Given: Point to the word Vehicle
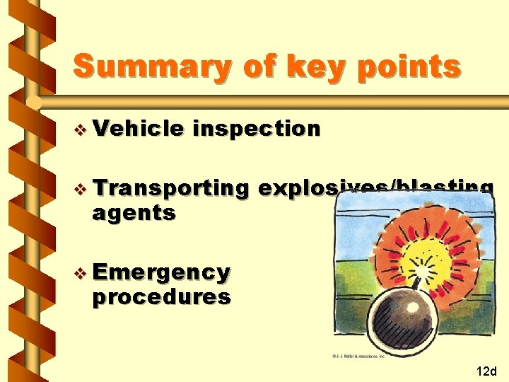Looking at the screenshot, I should coord(138,129).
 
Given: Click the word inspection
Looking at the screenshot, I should coord(256,129).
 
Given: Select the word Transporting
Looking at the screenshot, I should coord(170,188).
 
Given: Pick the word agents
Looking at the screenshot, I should coord(133,212).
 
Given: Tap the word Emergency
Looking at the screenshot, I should coord(161,272).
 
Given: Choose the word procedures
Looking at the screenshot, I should coord(161,296).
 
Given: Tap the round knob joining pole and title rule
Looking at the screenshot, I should coord(33,103).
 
